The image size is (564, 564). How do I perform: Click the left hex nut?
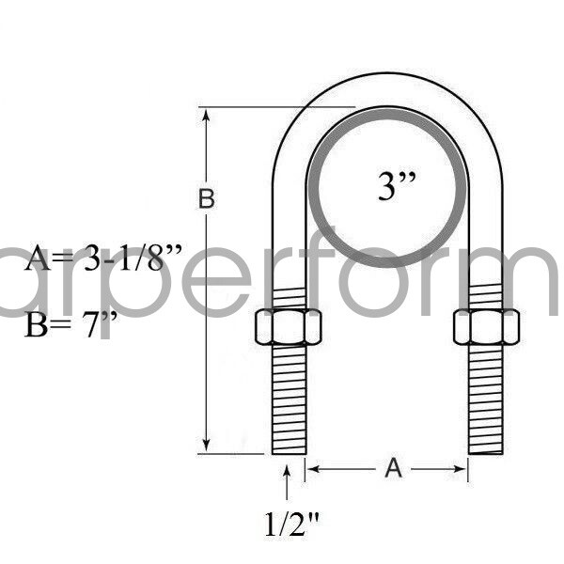point(289,326)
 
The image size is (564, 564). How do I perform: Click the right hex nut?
point(486,326)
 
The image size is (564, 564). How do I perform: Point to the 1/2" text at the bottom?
point(287,524)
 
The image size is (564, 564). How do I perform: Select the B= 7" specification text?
point(71,331)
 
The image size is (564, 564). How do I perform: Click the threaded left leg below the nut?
point(289,399)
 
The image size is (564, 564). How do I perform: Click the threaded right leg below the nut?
point(486,399)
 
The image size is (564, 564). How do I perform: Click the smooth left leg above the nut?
point(289,235)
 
